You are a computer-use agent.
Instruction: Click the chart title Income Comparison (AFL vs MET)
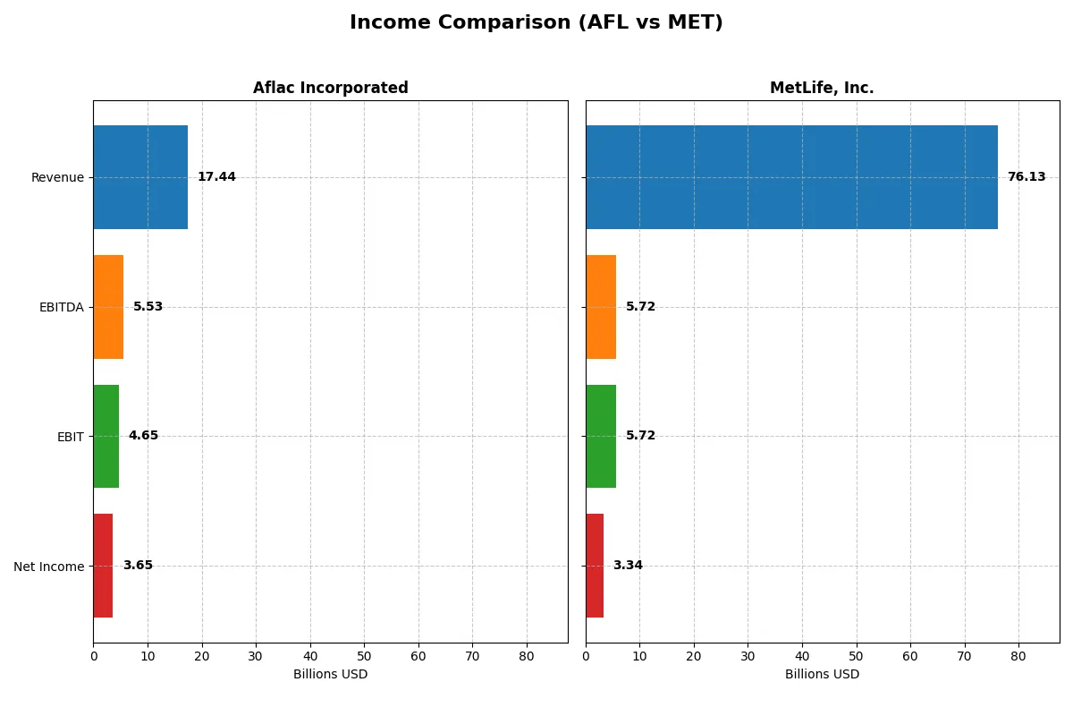pos(536,23)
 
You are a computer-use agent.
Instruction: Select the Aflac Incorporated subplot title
pos(330,89)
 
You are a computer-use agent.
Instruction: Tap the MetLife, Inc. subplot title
pos(822,89)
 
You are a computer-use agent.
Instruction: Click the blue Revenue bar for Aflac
pos(140,177)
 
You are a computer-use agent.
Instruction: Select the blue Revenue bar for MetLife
pos(791,177)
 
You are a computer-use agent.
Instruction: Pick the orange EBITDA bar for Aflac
pos(108,307)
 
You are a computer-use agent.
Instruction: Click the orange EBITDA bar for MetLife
pos(601,307)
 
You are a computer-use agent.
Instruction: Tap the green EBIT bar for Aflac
pos(106,437)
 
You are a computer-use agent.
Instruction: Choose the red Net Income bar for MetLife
pos(595,566)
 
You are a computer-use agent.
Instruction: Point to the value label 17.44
pos(216,177)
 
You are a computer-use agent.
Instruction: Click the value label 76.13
pos(1026,177)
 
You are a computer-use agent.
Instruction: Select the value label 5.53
pos(148,307)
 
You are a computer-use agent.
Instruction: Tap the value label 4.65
pos(143,436)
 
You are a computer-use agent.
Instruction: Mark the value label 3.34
pos(628,566)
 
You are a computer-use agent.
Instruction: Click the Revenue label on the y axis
pos(57,177)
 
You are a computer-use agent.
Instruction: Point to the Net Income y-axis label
pos(49,567)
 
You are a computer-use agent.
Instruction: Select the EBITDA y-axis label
pos(62,307)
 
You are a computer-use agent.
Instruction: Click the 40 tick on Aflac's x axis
pos(310,656)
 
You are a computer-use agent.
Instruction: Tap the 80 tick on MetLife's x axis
pos(1018,656)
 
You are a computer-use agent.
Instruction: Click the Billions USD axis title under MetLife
pos(822,675)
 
